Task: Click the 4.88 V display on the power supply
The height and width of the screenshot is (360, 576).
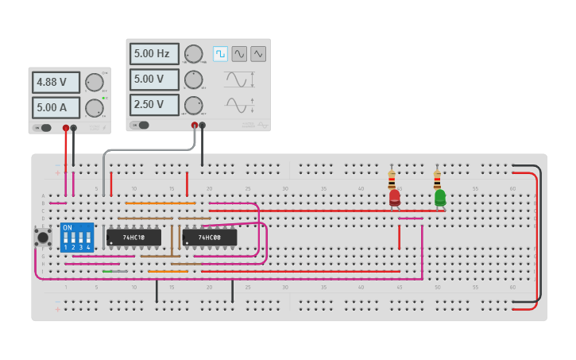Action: pyautogui.click(x=56, y=83)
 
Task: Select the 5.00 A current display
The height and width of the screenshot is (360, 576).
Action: pyautogui.click(x=56, y=107)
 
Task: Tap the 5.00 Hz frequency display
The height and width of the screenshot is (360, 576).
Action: pyautogui.click(x=153, y=54)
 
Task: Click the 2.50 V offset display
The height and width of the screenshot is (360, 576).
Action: pyautogui.click(x=153, y=104)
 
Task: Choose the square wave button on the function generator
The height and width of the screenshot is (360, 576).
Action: pyautogui.click(x=220, y=54)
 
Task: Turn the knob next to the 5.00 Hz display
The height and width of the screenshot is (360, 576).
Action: pyautogui.click(x=193, y=54)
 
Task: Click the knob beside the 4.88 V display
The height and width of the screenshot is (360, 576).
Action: pyautogui.click(x=95, y=83)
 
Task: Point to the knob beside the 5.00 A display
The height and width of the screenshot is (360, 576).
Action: pyautogui.click(x=95, y=107)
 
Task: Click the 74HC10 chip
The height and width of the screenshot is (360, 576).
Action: pyautogui.click(x=133, y=238)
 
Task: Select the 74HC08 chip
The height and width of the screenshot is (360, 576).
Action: pyautogui.click(x=209, y=238)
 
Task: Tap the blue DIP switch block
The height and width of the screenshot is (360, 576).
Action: pyautogui.click(x=77, y=238)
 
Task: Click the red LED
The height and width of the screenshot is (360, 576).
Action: pyautogui.click(x=395, y=197)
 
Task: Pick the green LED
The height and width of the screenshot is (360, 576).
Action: pyautogui.click(x=440, y=196)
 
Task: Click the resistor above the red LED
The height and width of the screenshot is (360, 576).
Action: pyautogui.click(x=392, y=179)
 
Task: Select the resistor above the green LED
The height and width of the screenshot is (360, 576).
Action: pyautogui.click(x=437, y=178)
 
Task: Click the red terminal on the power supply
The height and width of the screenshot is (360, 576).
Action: pyautogui.click(x=66, y=127)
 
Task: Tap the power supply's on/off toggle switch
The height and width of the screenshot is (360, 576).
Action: pyautogui.click(x=44, y=127)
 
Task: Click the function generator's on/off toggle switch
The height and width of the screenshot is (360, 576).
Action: pyautogui.click(x=141, y=125)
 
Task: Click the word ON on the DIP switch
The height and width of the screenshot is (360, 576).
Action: pyautogui.click(x=68, y=228)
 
